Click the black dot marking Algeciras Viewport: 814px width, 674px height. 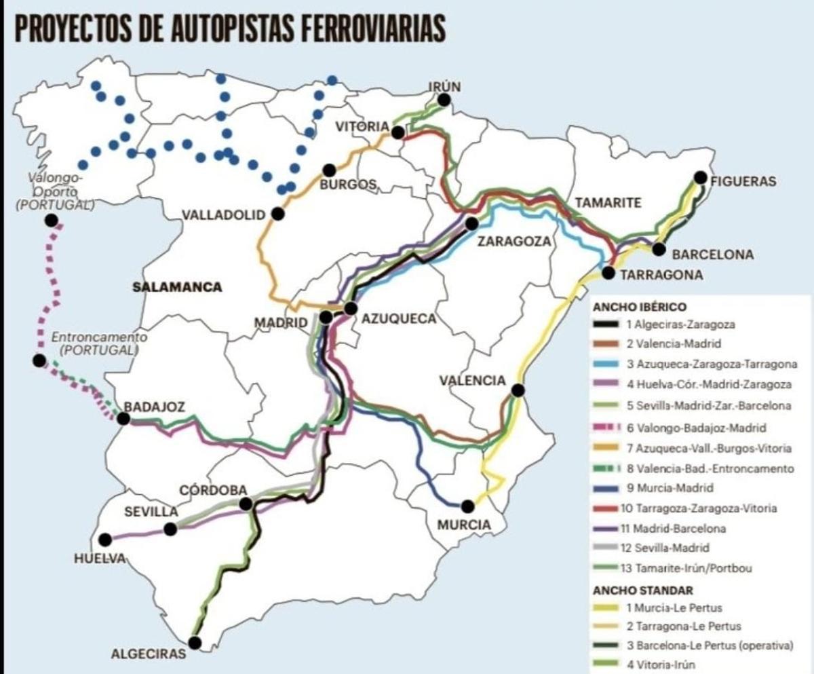click(195, 642)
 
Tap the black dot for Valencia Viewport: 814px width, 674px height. click(518, 390)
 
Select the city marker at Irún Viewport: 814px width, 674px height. click(444, 100)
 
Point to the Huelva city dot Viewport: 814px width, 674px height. click(104, 540)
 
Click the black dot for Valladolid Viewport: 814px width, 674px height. click(277, 214)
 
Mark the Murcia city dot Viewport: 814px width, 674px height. click(467, 506)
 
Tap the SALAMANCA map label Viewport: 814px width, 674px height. click(177, 287)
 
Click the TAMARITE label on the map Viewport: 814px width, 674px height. click(608, 203)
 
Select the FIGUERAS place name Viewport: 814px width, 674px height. click(743, 181)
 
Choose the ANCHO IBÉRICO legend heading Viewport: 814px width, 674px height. click(630, 307)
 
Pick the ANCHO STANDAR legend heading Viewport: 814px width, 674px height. click(634, 591)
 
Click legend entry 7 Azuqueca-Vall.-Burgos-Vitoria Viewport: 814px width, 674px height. click(705, 449)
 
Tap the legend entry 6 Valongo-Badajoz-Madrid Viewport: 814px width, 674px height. click(696, 428)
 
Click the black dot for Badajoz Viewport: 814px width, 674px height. click(123, 419)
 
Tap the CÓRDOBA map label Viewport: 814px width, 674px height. click(213, 490)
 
